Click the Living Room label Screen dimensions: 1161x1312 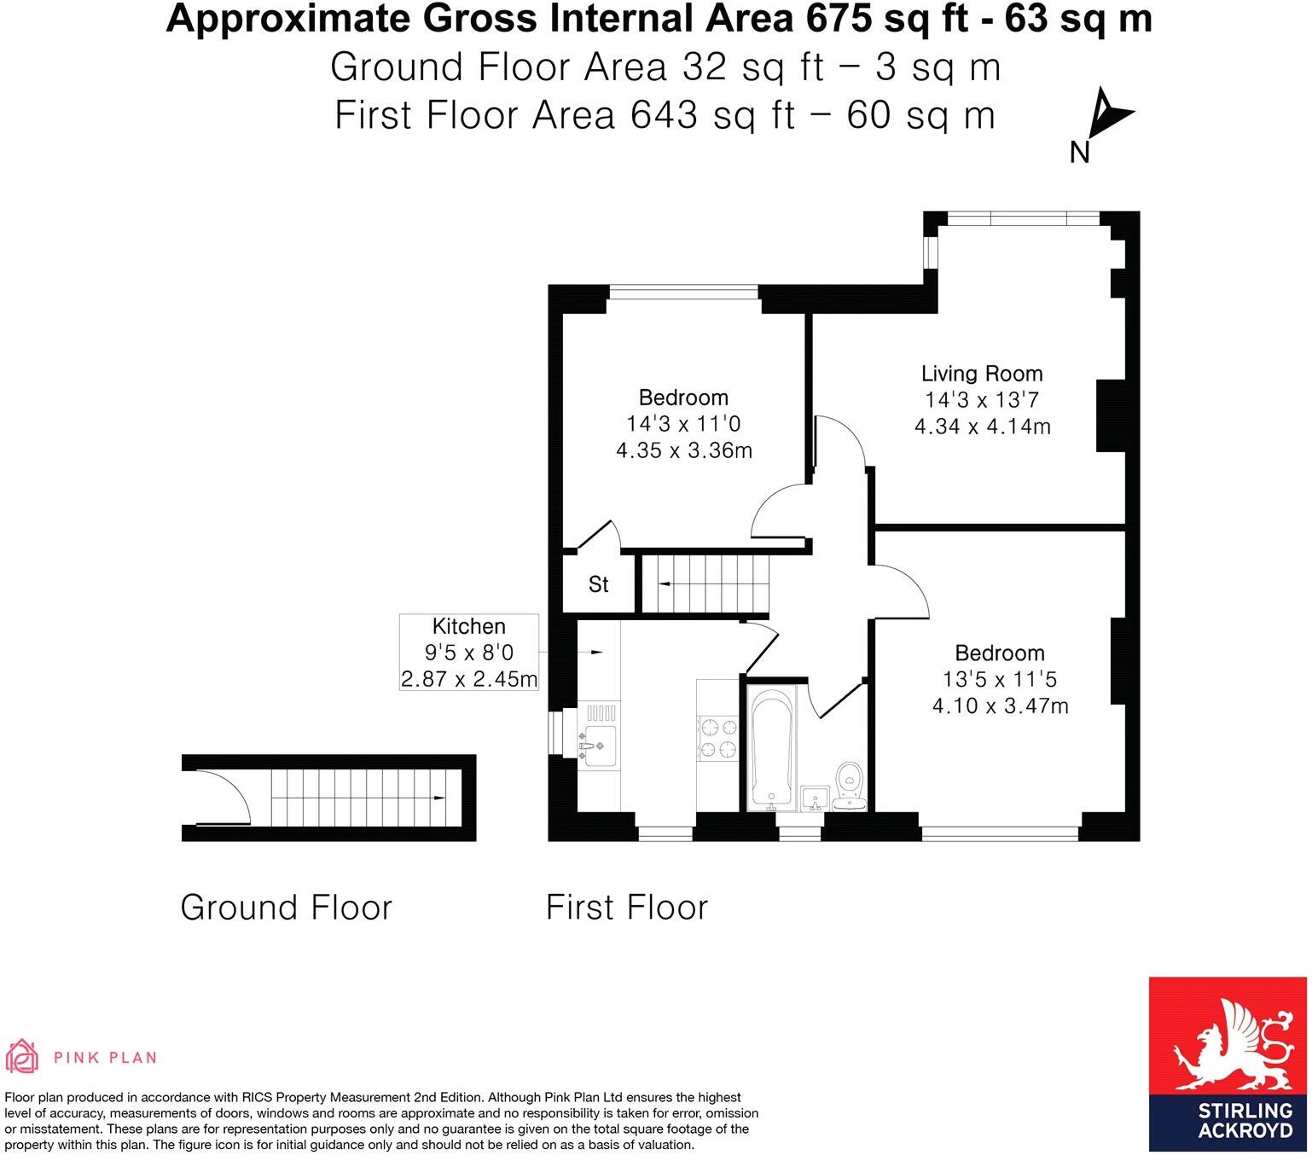tap(982, 374)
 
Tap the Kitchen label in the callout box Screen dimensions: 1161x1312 tap(469, 626)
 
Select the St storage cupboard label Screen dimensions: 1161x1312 tap(599, 584)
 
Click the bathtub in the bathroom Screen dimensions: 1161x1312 tap(771, 746)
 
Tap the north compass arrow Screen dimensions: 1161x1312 tap(1111, 113)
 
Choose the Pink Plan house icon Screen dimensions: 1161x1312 tap(23, 1058)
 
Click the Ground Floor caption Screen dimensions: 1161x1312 tap(286, 908)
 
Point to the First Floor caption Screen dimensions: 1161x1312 tap(627, 908)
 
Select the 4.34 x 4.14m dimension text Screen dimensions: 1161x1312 tap(982, 427)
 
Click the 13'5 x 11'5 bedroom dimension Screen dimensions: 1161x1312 tap(1000, 680)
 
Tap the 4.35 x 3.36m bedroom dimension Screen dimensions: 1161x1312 tap(684, 450)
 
